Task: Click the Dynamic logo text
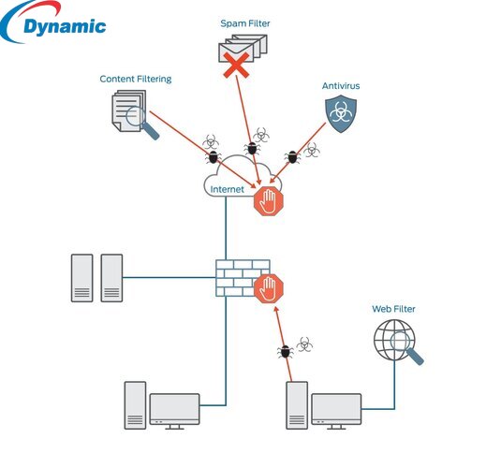pyautogui.click(x=63, y=27)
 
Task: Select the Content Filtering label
pyautogui.click(x=136, y=80)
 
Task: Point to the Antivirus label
pyautogui.click(x=341, y=85)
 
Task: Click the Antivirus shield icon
pyautogui.click(x=340, y=115)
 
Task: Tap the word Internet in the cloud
pyautogui.click(x=227, y=189)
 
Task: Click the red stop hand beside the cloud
pyautogui.click(x=269, y=198)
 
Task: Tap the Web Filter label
pyautogui.click(x=393, y=309)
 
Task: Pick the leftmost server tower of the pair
pyautogui.click(x=82, y=277)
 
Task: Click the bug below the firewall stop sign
pyautogui.click(x=286, y=352)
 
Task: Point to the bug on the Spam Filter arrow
pyautogui.click(x=251, y=148)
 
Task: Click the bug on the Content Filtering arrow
pyautogui.click(x=214, y=157)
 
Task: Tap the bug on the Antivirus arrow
pyautogui.click(x=293, y=156)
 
